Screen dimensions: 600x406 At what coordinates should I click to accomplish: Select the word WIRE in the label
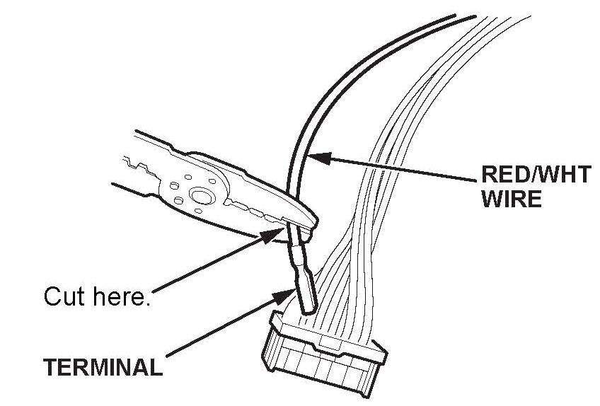click(510, 198)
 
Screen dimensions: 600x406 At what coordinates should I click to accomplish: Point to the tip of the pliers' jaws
click(311, 225)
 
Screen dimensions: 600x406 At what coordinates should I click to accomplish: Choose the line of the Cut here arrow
click(212, 262)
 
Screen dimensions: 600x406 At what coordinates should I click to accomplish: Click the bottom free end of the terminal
click(307, 310)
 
